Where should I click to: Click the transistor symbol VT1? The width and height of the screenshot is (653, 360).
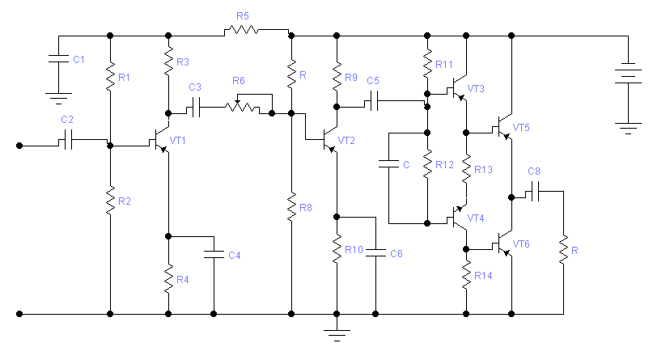(x=161, y=141)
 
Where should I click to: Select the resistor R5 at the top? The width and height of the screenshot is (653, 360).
(x=241, y=31)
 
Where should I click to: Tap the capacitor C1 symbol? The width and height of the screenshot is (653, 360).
(x=59, y=59)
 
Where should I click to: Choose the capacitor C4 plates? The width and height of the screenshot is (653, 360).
(x=214, y=254)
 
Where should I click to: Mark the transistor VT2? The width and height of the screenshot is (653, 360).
(x=329, y=141)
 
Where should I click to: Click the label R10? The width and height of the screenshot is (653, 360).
(x=354, y=250)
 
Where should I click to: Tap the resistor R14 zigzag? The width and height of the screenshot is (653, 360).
(x=466, y=275)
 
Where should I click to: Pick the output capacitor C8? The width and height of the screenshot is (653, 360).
(x=535, y=191)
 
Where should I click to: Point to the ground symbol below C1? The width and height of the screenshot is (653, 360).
(x=59, y=98)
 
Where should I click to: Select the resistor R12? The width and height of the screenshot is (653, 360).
(x=428, y=164)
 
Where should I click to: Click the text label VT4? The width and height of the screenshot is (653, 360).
(x=476, y=218)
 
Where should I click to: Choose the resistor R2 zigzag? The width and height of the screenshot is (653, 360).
(x=110, y=201)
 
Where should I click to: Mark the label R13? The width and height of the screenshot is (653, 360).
(x=483, y=169)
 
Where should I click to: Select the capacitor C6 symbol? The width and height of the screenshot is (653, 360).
(x=375, y=252)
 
